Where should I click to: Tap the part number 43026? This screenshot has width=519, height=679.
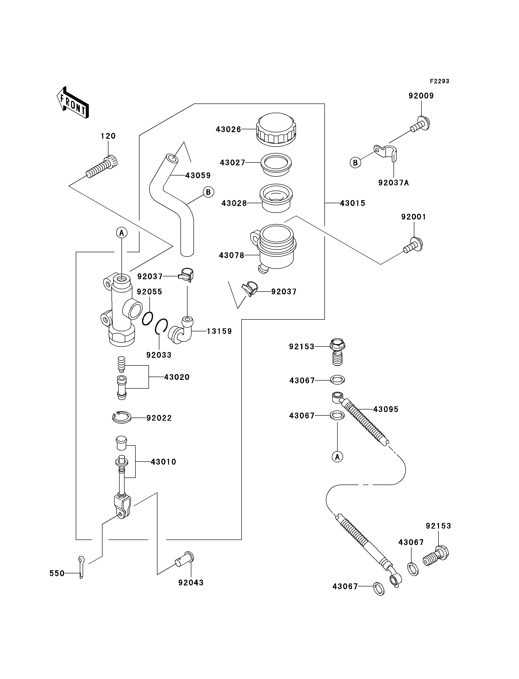[x=228, y=130]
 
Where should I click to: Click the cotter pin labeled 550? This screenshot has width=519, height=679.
[x=81, y=567]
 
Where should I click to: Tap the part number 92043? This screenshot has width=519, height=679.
[x=191, y=583]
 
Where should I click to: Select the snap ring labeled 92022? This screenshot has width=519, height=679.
[x=122, y=418]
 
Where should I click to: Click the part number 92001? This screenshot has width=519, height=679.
[x=413, y=217]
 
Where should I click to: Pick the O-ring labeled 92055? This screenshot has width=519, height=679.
[x=148, y=318]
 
